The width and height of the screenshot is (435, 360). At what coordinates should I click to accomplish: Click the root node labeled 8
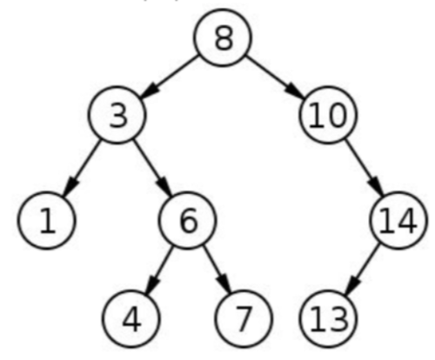click(x=223, y=40)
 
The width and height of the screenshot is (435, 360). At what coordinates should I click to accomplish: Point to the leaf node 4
click(x=130, y=319)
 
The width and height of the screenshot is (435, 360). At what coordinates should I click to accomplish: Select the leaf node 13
click(x=328, y=319)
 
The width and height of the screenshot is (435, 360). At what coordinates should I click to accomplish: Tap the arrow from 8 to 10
click(x=275, y=77)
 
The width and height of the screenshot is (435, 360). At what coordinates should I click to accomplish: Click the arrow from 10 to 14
click(x=364, y=168)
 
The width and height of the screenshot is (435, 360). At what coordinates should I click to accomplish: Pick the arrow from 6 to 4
click(x=159, y=270)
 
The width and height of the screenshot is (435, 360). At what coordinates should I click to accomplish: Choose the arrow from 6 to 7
click(x=215, y=270)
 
